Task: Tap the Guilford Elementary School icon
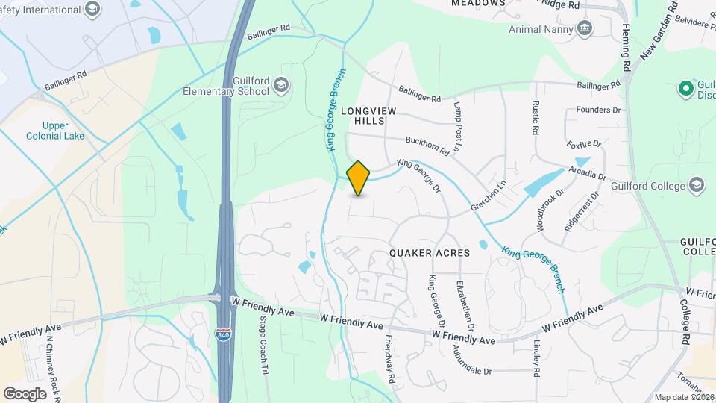pos(281,84)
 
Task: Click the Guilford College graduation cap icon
pos(696,184)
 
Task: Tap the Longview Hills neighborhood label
pos(363,115)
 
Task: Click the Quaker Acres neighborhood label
pos(430,253)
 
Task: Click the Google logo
pos(25,393)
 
